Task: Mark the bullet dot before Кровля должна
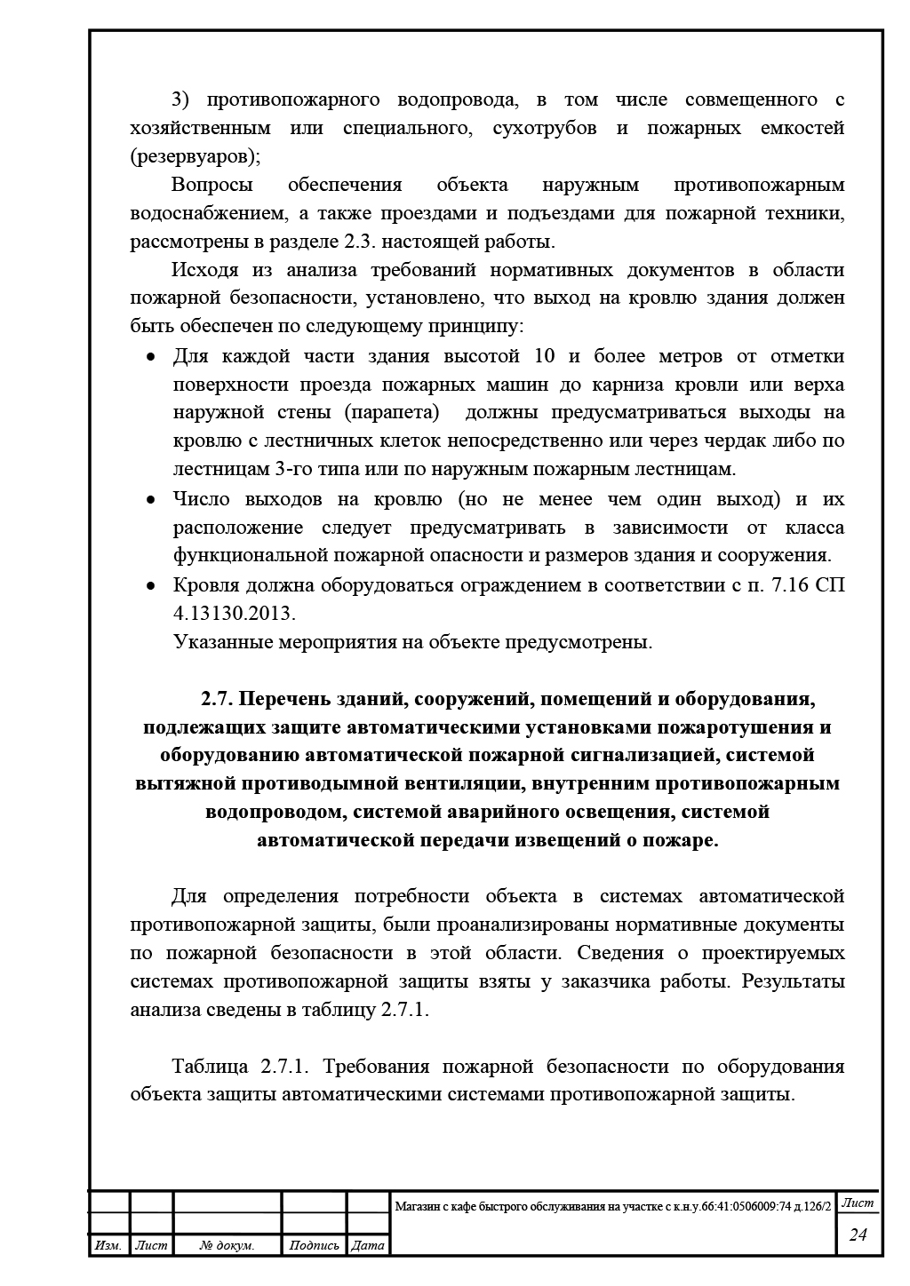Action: pyautogui.click(x=151, y=586)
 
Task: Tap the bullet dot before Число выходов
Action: pyautogui.click(x=151, y=500)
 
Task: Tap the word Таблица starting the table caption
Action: pyautogui.click(x=210, y=1066)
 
